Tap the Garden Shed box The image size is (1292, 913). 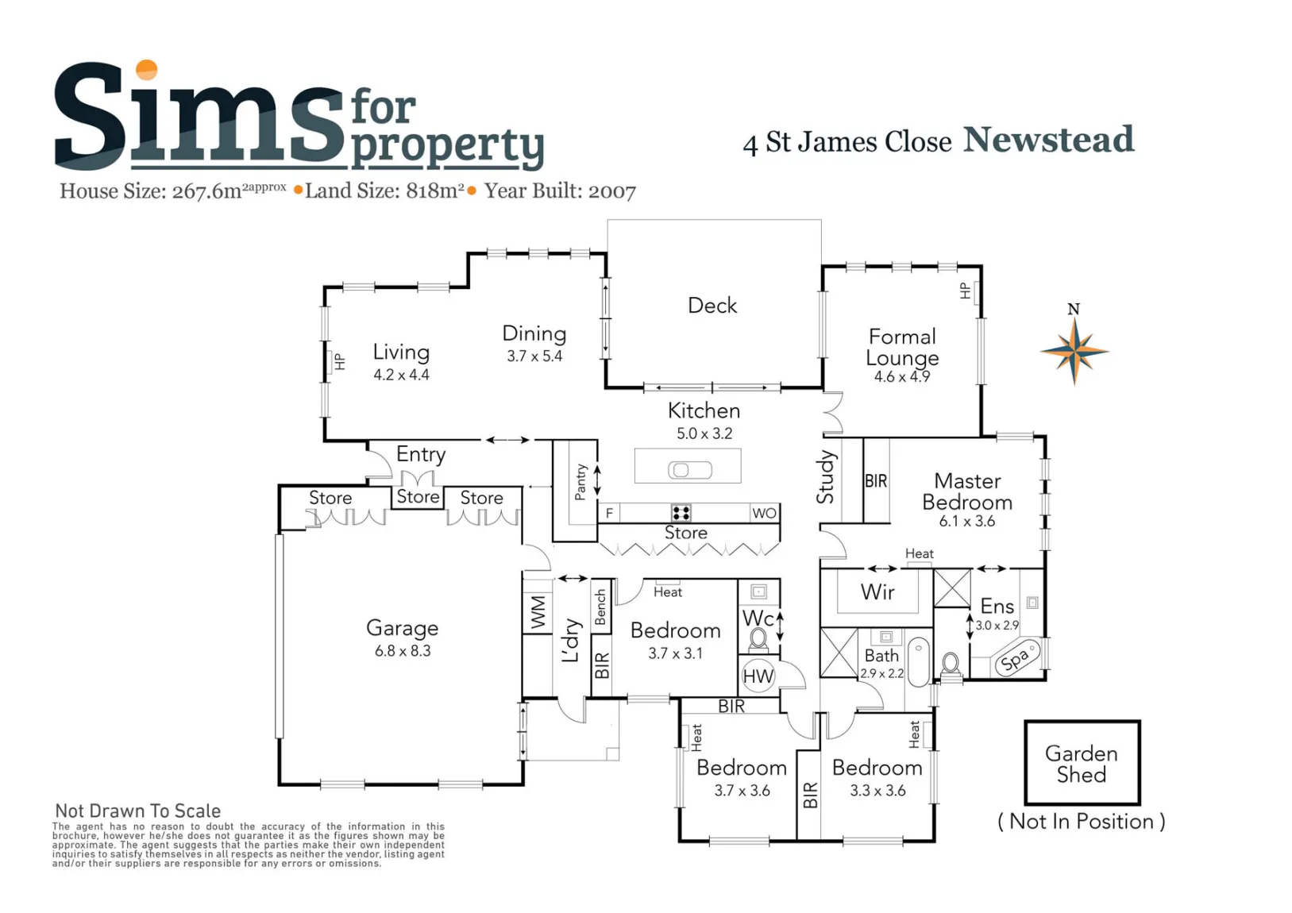tap(1082, 762)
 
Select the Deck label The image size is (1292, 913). tap(712, 305)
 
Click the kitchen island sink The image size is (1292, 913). tap(690, 470)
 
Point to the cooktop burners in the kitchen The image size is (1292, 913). tap(681, 513)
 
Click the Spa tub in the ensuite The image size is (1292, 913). tap(1017, 658)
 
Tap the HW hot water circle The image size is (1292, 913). tap(758, 676)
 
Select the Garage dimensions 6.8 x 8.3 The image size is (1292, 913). tap(403, 651)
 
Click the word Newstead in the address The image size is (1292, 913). tap(1048, 140)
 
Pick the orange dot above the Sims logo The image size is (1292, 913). tap(146, 70)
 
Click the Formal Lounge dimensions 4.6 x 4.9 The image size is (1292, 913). tap(902, 376)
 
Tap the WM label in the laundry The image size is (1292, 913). tap(538, 612)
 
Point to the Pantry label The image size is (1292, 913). tap(580, 482)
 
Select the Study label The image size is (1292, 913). tap(825, 477)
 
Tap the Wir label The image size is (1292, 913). tap(877, 591)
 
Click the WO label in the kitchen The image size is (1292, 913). tap(764, 513)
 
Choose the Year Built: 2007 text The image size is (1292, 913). tap(560, 191)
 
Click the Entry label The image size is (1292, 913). tap(421, 455)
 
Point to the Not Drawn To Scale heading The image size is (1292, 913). tap(138, 811)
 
